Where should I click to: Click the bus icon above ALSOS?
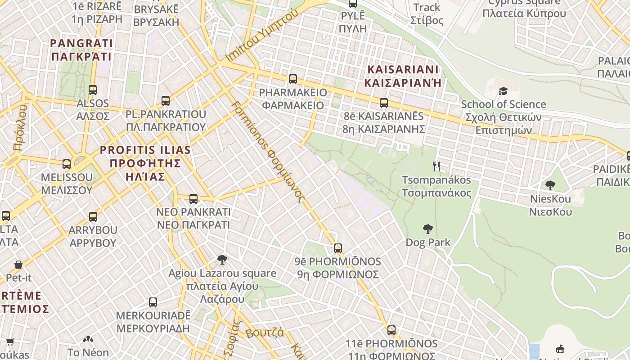pyautogui.click(x=93, y=90)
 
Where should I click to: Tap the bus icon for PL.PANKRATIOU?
pyautogui.click(x=166, y=100)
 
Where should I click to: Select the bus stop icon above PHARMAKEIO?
pyautogui.click(x=293, y=79)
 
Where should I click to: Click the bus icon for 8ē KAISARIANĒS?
pyautogui.click(x=384, y=103)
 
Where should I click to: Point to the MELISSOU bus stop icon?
pyautogui.click(x=67, y=164)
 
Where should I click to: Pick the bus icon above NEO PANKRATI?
pyautogui.click(x=193, y=198)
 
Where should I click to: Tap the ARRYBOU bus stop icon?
pyautogui.click(x=93, y=217)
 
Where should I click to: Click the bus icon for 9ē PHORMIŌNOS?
pyautogui.click(x=338, y=248)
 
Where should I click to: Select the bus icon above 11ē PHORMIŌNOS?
pyautogui.click(x=391, y=330)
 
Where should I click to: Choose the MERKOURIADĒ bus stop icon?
pyautogui.click(x=153, y=302)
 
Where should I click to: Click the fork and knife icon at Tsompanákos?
pyautogui.click(x=436, y=166)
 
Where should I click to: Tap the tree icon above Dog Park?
pyautogui.click(x=428, y=229)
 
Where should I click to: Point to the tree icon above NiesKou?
pyautogui.click(x=550, y=185)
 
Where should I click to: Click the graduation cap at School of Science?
pyautogui.click(x=503, y=91)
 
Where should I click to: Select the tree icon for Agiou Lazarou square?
pyautogui.click(x=222, y=260)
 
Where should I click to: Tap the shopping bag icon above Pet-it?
pyautogui.click(x=18, y=264)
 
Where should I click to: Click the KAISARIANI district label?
pyautogui.click(x=403, y=76)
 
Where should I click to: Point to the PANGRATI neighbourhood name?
pyautogui.click(x=81, y=49)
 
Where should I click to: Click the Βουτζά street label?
pyautogui.click(x=265, y=333)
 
